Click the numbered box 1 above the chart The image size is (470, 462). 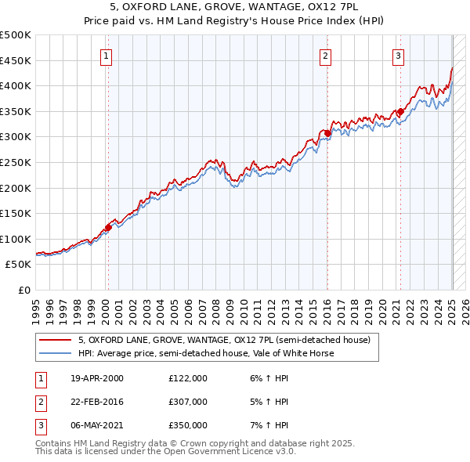105,56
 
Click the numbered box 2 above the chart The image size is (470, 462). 324,56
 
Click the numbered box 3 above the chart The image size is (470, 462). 398,56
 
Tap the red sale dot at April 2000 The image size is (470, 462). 108,227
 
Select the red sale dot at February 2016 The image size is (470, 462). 328,133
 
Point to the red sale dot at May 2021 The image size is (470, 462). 400,111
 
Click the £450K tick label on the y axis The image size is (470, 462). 16,60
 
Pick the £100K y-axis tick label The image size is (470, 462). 16,239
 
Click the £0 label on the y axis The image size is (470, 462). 23,290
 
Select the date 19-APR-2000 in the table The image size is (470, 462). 97,378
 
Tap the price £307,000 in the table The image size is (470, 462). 188,402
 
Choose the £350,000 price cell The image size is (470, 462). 188,425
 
